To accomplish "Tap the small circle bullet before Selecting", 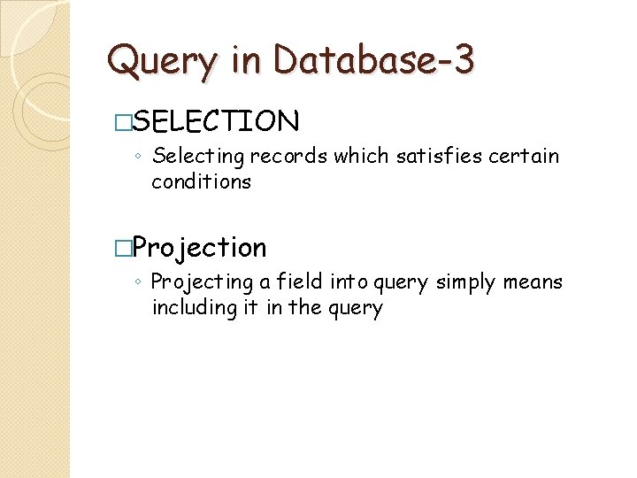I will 139,158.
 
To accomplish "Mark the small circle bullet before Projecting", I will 139,283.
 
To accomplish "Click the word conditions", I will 201,182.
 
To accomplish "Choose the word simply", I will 464,283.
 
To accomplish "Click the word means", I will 533,282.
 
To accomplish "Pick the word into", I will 353,282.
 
